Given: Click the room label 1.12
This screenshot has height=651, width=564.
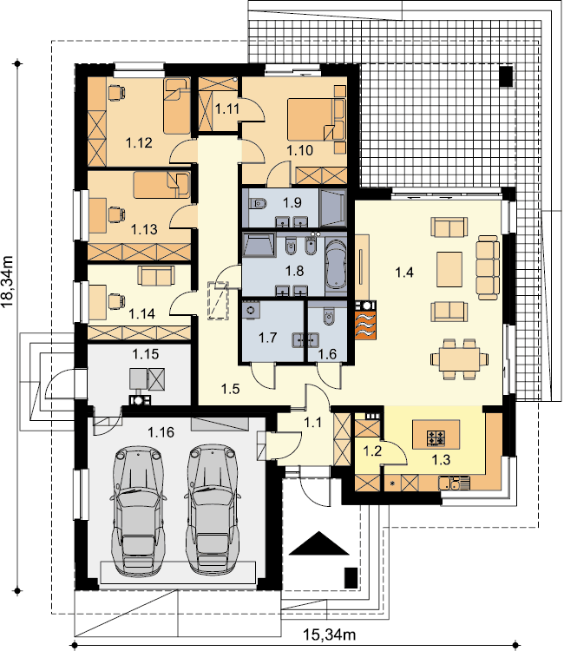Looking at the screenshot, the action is pos(139,143).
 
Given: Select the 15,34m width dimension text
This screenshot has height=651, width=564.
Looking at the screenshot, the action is pos(329,635).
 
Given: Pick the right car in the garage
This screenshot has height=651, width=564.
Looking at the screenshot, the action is pos(213,509).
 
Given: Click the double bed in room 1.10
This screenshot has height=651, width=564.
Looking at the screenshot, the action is pos(316,120).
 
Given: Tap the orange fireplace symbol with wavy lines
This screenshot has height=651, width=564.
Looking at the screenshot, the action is pos(365,320).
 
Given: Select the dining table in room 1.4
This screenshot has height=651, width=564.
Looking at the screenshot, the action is pos(459,359).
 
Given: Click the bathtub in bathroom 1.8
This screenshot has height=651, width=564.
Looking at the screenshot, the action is pos(336,266).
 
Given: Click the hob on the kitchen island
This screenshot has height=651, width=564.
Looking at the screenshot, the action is pos(436,438).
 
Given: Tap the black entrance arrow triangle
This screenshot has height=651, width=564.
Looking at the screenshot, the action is pos(318,543).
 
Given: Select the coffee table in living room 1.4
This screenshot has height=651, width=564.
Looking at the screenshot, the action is pos(449,269).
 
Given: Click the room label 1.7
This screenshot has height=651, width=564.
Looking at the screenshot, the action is pos(267,338).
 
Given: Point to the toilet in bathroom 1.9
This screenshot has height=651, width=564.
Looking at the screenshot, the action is pos(258,203).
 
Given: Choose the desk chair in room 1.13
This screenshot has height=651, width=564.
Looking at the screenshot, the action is pos(116,214).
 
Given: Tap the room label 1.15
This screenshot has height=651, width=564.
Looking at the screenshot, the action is pos(145,354).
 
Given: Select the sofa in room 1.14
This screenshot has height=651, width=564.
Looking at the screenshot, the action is pos(155,276).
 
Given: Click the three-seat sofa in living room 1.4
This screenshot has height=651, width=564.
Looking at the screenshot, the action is pos(488,267).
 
